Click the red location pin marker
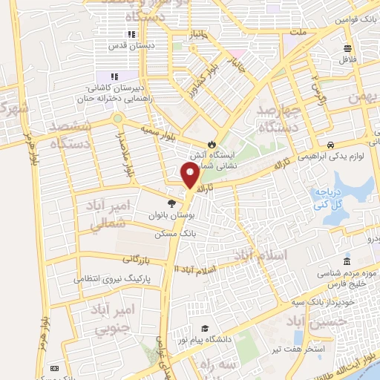[x=190, y=175]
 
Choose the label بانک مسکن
[x=175, y=232]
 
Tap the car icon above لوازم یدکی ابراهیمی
[x=330, y=146]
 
